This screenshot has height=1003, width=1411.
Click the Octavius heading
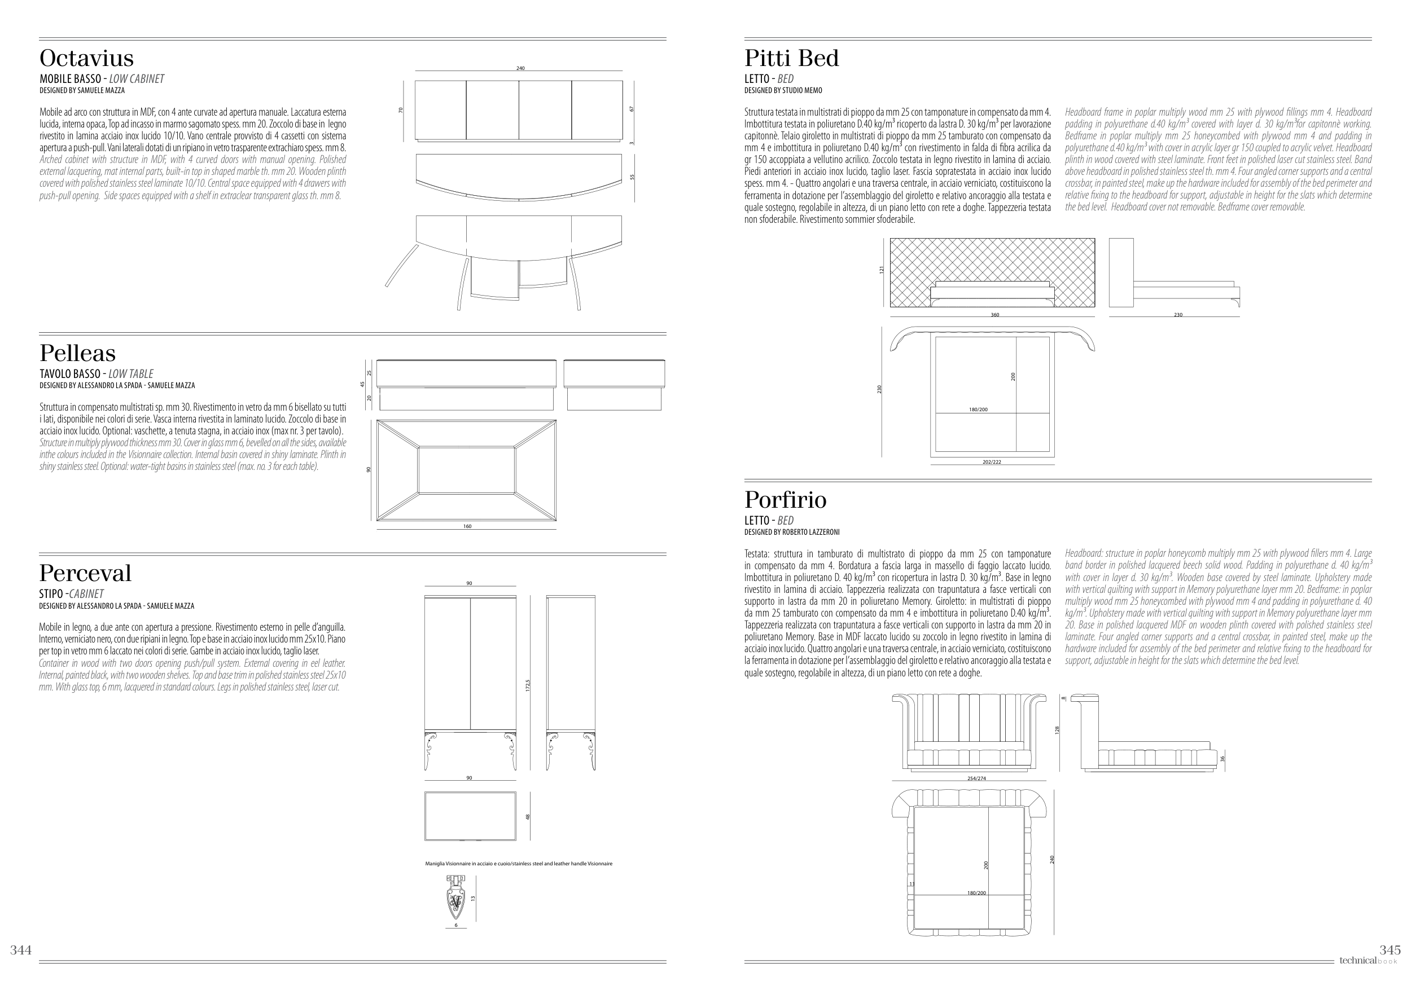86,58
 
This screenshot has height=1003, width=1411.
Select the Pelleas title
78,353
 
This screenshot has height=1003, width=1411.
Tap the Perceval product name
85,573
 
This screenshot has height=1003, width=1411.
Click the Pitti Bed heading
791,58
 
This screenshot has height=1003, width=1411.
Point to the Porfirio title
785,500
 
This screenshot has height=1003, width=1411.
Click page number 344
20,950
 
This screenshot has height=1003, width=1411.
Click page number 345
1390,950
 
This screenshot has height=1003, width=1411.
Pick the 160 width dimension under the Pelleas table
467,526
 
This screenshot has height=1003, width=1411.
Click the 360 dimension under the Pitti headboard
994,315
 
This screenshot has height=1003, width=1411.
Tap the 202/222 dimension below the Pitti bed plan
992,462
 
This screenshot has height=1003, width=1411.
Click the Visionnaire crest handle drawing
456,898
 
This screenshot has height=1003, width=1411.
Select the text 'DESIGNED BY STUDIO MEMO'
783,90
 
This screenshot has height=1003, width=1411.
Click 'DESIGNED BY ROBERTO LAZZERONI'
791,533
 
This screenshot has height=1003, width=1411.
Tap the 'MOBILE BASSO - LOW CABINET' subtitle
102,79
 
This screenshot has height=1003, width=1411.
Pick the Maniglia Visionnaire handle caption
518,864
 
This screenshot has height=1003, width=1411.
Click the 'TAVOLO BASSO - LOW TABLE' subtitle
97,373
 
